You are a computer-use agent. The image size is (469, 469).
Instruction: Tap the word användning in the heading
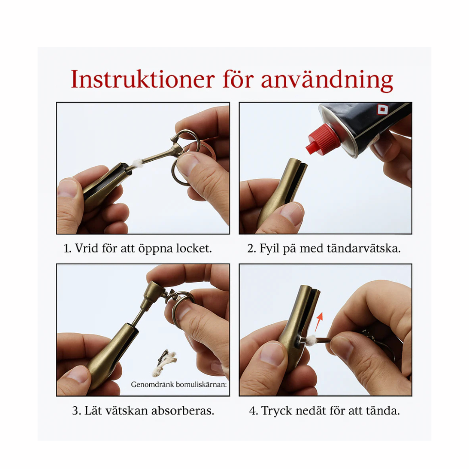point(327,80)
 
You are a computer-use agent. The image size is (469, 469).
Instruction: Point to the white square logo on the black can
point(382,109)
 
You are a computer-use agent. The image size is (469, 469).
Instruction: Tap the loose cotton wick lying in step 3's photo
point(164,363)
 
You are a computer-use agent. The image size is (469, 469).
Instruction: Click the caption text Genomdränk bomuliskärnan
point(179,384)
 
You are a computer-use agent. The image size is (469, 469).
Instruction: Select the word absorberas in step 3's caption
point(182,410)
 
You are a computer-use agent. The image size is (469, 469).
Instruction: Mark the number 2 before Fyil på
point(251,249)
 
